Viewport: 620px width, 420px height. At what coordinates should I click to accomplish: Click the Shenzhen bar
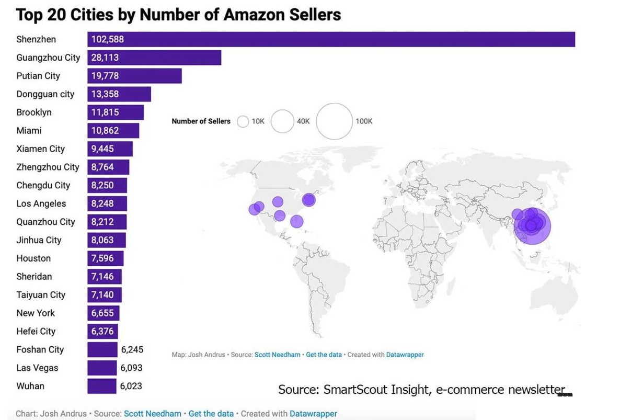click(x=331, y=39)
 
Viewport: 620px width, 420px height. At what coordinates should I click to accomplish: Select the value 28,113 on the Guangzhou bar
click(x=105, y=58)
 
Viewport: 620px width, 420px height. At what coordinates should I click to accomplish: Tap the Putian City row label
click(x=38, y=76)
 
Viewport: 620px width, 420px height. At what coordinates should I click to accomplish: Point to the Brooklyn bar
click(x=116, y=112)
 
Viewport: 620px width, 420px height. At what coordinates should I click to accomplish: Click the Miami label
click(x=29, y=131)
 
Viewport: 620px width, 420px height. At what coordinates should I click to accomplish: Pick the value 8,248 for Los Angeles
click(x=102, y=203)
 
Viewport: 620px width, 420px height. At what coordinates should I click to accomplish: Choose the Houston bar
click(x=105, y=258)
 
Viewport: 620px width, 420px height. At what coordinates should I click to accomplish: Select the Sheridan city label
click(x=34, y=277)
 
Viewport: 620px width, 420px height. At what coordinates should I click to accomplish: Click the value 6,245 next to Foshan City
click(x=132, y=349)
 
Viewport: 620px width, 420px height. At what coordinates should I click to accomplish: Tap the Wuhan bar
click(x=102, y=386)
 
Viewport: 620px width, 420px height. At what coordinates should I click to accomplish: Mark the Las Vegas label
click(x=37, y=368)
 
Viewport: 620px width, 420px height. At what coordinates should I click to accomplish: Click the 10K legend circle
click(x=243, y=121)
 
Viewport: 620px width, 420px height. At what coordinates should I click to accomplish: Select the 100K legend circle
click(x=335, y=121)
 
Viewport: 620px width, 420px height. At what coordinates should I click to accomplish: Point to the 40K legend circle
click(x=282, y=121)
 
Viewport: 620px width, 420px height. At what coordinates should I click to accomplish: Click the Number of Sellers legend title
click(x=201, y=121)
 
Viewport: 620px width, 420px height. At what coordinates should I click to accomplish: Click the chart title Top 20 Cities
click(x=178, y=14)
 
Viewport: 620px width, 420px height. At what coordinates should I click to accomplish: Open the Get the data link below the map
click(x=324, y=355)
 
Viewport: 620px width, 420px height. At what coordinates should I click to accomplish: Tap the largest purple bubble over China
click(x=532, y=226)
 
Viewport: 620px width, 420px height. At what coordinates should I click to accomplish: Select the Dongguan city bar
click(x=119, y=94)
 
